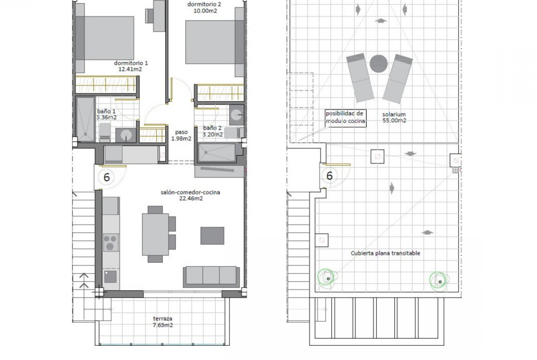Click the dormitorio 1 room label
[131, 66]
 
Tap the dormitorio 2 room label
[204, 7]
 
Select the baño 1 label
[106, 114]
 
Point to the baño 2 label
[213, 131]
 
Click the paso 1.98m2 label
[181, 135]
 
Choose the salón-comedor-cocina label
[190, 195]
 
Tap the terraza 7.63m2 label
[162, 321]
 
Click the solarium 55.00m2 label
[394, 117]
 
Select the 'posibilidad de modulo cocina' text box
[345, 118]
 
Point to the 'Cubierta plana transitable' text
[385, 253]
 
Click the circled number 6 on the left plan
[106, 177]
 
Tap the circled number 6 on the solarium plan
[330, 176]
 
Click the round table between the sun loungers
[379, 64]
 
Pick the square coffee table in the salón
[213, 235]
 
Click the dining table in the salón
[156, 234]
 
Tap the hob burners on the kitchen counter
[110, 242]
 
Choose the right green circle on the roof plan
[439, 281]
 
